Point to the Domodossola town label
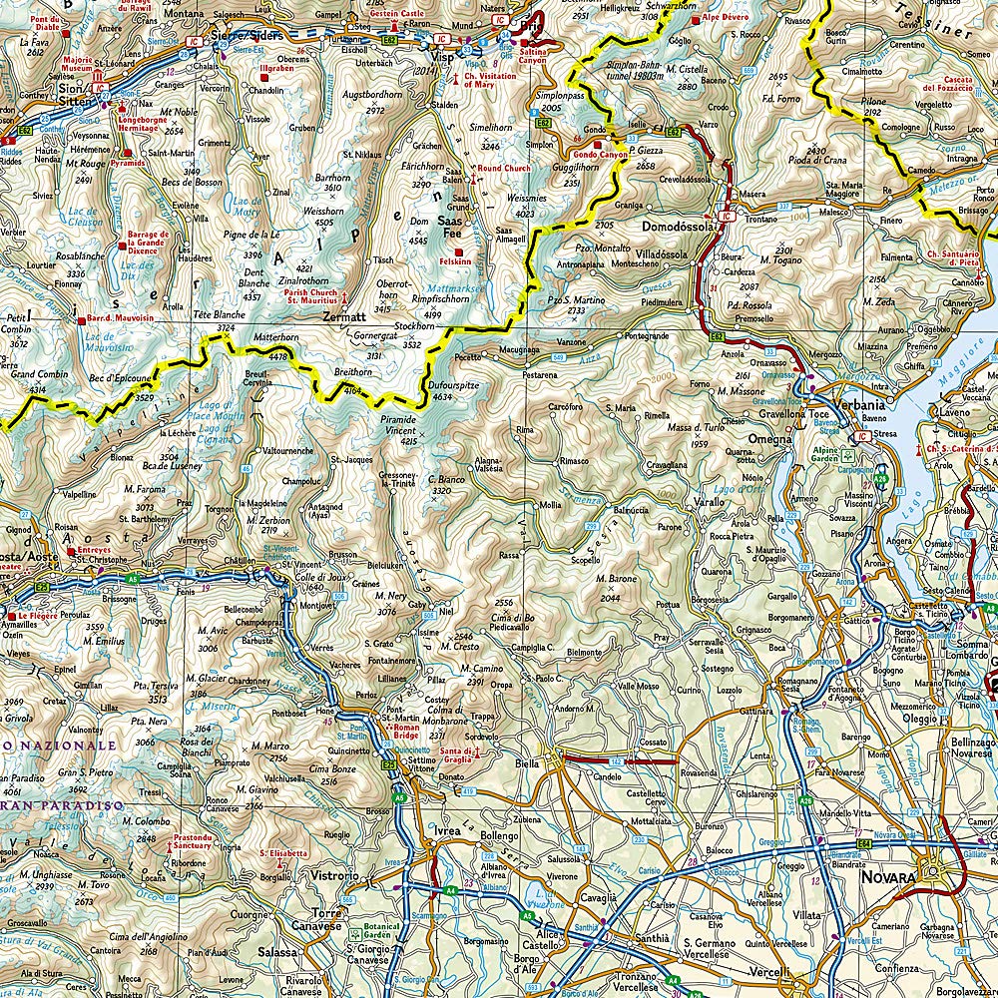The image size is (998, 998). point(681,227)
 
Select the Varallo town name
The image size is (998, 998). point(710,502)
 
